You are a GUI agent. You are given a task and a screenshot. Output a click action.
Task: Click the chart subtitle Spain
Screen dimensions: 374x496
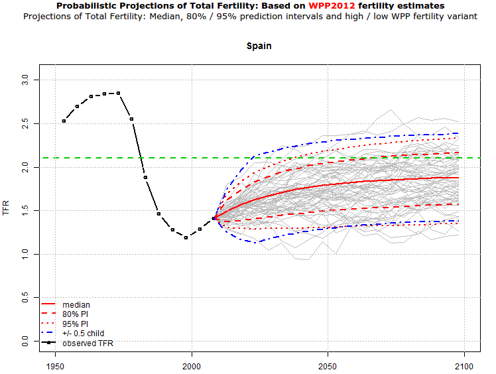coord(259,46)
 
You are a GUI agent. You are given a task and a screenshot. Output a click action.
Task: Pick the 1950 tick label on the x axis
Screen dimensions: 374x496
coord(56,365)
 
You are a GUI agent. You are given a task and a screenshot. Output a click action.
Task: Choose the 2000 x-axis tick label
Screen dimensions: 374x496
coord(192,365)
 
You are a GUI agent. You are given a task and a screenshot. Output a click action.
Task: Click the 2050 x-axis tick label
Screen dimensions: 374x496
coord(328,365)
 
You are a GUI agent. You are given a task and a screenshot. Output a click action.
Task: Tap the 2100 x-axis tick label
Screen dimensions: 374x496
coord(464,365)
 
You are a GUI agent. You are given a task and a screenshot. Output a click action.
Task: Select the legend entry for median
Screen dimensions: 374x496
coord(76,305)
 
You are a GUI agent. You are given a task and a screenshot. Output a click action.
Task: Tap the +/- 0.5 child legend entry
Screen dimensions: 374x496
coord(83,333)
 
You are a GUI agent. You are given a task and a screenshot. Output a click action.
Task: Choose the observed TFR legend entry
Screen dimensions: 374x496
coord(86,343)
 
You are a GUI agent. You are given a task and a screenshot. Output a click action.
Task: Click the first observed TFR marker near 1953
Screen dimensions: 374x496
coord(64,121)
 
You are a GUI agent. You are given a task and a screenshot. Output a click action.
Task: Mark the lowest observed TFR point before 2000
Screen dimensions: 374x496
coord(186,237)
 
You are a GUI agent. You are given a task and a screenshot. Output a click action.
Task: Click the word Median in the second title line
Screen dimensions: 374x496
coord(174,16)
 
